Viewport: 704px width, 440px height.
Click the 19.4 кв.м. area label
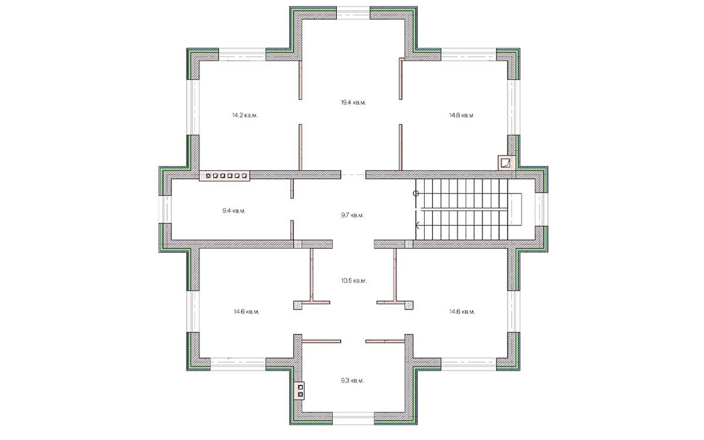[353, 103]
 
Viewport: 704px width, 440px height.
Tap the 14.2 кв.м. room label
[245, 116]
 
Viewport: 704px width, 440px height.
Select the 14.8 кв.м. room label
[462, 116]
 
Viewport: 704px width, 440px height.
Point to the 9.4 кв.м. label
[234, 211]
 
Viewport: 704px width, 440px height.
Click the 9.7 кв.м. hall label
[353, 215]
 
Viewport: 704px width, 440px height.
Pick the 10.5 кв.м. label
[354, 280]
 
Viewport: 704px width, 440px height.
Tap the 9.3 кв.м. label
[353, 381]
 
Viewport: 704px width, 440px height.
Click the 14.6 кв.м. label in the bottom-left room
[246, 312]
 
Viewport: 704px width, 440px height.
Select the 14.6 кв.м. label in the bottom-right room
[462, 312]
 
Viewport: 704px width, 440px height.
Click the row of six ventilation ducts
[224, 176]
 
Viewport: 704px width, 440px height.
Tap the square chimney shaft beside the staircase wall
[505, 163]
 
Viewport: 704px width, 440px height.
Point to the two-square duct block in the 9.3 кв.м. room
[300, 391]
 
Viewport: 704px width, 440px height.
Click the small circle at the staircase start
[415, 194]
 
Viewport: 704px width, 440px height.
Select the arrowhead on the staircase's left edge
[417, 225]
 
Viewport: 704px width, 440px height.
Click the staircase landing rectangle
[515, 209]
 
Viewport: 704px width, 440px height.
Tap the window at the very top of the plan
[353, 13]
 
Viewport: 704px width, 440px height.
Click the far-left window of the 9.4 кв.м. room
[165, 209]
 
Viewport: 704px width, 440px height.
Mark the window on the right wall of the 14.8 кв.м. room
[514, 107]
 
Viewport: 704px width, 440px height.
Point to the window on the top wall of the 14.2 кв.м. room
[242, 55]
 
